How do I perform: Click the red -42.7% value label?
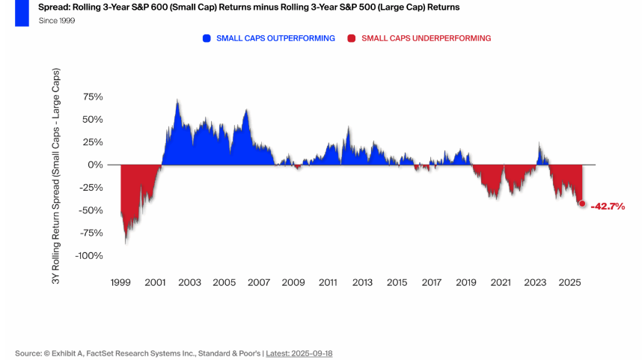(x=608, y=206)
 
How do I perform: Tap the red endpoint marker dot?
(x=582, y=204)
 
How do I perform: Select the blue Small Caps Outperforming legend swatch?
(x=207, y=37)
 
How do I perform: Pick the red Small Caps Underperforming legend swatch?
(x=352, y=37)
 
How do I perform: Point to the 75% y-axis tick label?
(x=92, y=97)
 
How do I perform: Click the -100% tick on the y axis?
(x=88, y=255)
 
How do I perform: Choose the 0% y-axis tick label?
(x=95, y=165)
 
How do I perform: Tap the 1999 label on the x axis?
(x=120, y=282)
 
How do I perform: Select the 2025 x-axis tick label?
(x=569, y=282)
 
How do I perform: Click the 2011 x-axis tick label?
(x=328, y=282)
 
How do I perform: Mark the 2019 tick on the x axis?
(x=465, y=282)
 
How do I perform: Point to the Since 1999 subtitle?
(x=57, y=20)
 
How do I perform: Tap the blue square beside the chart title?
(x=22, y=13)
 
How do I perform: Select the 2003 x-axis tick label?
(x=189, y=282)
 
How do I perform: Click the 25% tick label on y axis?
(x=92, y=142)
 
